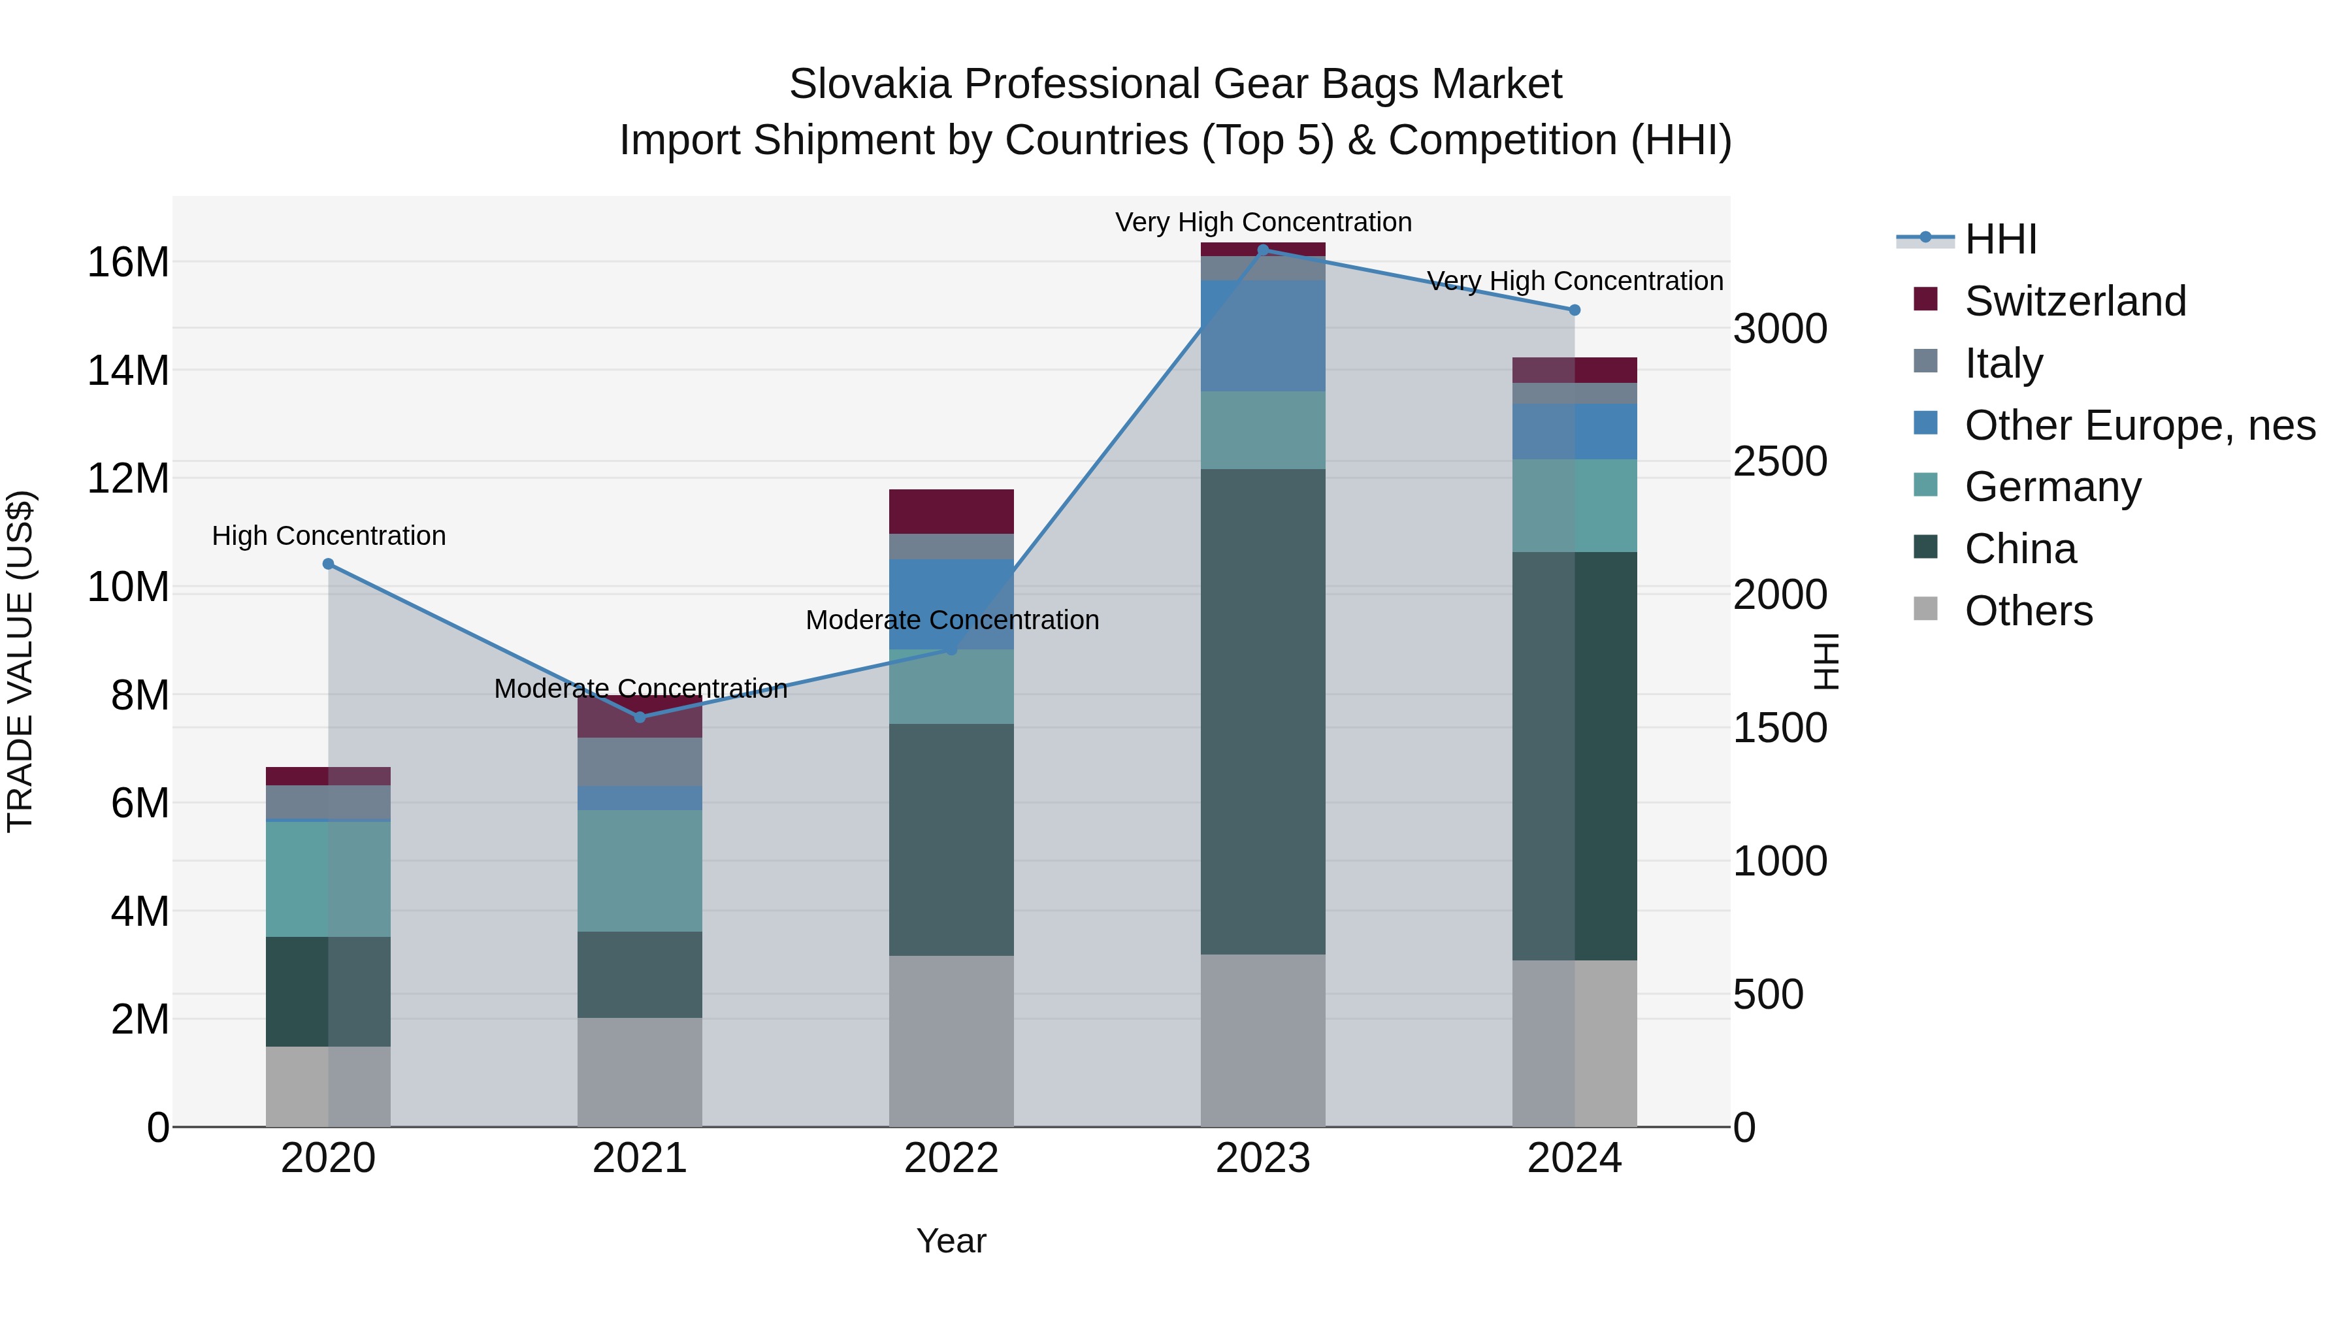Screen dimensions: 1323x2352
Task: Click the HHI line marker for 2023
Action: click(1263, 250)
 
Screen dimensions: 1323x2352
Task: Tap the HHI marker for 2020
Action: click(329, 564)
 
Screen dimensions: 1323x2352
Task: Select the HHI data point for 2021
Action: click(640, 717)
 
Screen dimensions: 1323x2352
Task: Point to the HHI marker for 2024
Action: click(1574, 310)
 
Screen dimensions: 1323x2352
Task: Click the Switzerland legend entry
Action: click(2074, 301)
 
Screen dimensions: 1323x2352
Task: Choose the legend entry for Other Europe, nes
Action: click(2139, 425)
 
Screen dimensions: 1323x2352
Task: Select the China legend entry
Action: click(2019, 549)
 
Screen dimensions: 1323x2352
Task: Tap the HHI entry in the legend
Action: click(2000, 239)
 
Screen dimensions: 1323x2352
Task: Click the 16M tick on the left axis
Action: click(128, 263)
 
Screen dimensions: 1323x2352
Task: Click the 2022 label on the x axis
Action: click(951, 1158)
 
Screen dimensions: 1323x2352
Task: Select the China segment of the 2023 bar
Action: click(1263, 712)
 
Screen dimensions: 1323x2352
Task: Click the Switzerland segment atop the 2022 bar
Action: click(951, 512)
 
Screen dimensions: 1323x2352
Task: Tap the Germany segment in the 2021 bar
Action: click(640, 870)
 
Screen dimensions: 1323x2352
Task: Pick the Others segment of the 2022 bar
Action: click(951, 1041)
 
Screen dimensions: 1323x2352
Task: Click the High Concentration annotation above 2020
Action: click(329, 536)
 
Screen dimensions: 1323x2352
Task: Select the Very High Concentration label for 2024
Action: click(1574, 281)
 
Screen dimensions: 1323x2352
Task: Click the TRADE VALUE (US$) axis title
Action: click(20, 661)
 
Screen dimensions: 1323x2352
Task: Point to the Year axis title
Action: click(951, 1241)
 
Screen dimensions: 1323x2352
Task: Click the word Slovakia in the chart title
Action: click(870, 84)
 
